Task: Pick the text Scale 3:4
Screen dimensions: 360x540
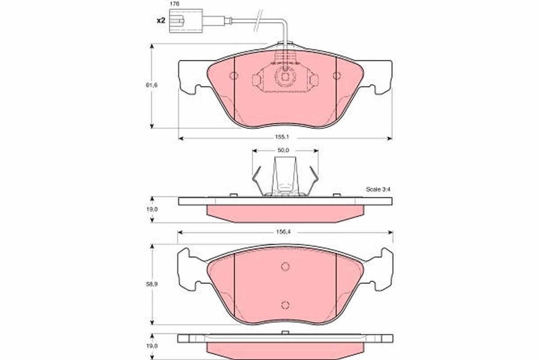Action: tap(378, 189)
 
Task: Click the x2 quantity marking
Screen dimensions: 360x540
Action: tap(161, 21)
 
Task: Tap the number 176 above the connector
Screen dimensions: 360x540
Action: tap(174, 4)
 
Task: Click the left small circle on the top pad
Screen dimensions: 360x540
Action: tap(233, 76)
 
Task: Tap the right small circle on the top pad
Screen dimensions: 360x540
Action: tap(337, 76)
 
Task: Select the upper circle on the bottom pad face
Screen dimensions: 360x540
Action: tap(285, 266)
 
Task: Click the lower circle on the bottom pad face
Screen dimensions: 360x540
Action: tap(285, 305)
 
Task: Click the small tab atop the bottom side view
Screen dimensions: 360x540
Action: tap(284, 333)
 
